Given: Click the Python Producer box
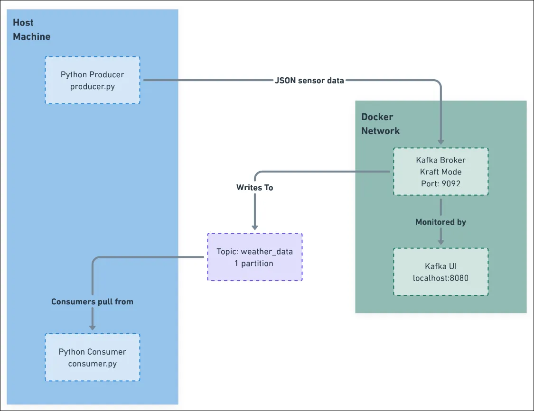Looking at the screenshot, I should [x=93, y=80].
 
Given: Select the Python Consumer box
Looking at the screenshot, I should [x=93, y=357].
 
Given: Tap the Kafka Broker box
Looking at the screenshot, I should [x=440, y=172].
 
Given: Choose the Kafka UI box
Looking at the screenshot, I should [x=440, y=272].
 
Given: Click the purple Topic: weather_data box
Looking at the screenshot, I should [x=254, y=257].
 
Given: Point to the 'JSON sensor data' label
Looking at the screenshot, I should [x=309, y=81].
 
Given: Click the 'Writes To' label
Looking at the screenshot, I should [x=255, y=188].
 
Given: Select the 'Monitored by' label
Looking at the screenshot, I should [x=440, y=222].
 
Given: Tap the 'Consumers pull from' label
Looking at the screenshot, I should [x=92, y=301].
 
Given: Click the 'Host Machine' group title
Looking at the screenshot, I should [x=31, y=29].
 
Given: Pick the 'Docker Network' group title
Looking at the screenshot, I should [x=380, y=124].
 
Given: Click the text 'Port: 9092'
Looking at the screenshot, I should [x=440, y=183].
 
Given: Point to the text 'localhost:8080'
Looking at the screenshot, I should [x=440, y=278].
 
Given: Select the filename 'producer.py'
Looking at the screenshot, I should [x=93, y=86].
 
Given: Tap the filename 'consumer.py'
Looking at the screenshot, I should [x=93, y=364].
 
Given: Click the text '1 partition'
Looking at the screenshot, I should [x=254, y=263].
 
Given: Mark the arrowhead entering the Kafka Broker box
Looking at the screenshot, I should [x=440, y=141].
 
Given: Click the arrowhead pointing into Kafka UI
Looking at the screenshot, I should [x=440, y=242].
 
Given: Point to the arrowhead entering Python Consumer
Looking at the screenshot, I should [x=93, y=327].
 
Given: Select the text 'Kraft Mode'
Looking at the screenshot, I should [x=440, y=172].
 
